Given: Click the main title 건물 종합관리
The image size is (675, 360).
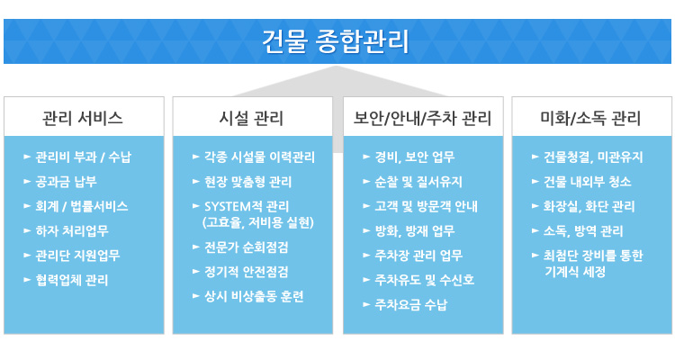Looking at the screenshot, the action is [336, 41].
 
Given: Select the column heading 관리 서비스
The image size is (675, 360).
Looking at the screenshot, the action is [83, 118].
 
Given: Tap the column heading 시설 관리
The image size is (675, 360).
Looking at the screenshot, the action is [251, 118].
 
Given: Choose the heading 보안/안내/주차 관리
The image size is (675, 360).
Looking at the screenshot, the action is [422, 118].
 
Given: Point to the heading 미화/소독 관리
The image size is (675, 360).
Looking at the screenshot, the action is [590, 118].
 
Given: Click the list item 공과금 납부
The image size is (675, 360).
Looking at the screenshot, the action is [67, 182].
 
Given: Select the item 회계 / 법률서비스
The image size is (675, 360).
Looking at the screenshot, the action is [82, 206].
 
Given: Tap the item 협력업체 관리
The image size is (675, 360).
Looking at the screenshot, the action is [72, 280].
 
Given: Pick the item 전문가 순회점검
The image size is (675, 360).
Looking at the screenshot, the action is [247, 247].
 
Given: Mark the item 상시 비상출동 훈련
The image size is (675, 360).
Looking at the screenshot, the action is [255, 297].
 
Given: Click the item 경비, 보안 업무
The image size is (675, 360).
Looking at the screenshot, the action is [415, 157].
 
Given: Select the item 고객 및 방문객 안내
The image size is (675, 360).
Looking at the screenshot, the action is [427, 206].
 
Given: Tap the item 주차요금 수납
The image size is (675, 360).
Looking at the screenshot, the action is [411, 305].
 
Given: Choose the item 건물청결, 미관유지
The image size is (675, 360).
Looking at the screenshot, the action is [593, 157].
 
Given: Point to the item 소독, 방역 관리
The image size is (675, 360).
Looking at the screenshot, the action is [583, 231].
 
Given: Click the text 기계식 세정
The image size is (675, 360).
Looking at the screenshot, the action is [575, 272].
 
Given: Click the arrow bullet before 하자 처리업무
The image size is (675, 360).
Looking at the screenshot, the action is [27, 230].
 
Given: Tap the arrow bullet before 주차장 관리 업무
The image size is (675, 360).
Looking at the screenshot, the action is [366, 256].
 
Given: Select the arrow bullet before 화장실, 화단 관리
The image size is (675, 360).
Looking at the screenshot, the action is [535, 206].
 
